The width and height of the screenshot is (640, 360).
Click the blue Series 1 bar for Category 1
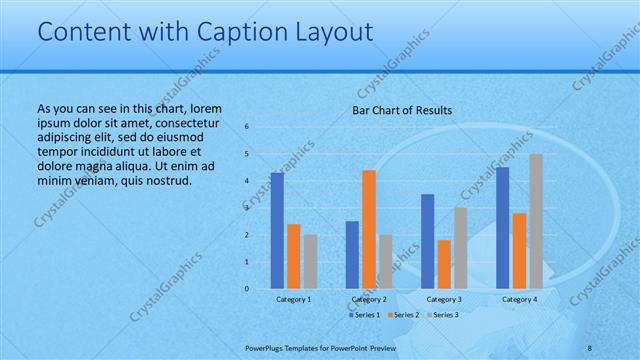click(x=277, y=231)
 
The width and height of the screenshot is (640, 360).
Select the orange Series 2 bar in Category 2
click(x=369, y=229)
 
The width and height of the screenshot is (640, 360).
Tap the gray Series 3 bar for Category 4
click(x=536, y=221)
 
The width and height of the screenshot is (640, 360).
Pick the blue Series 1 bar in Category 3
click(x=428, y=241)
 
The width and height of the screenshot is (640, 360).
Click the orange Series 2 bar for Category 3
click(x=444, y=264)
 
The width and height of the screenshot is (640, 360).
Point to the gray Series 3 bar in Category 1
click(x=310, y=262)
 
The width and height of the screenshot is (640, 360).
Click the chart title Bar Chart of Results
click(x=402, y=110)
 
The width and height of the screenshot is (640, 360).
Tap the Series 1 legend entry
click(x=364, y=315)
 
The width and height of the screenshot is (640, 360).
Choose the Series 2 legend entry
click(x=403, y=315)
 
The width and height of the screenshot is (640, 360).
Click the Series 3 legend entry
click(x=443, y=315)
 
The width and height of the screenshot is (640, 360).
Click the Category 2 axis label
click(x=369, y=299)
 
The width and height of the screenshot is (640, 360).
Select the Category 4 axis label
click(x=519, y=299)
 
